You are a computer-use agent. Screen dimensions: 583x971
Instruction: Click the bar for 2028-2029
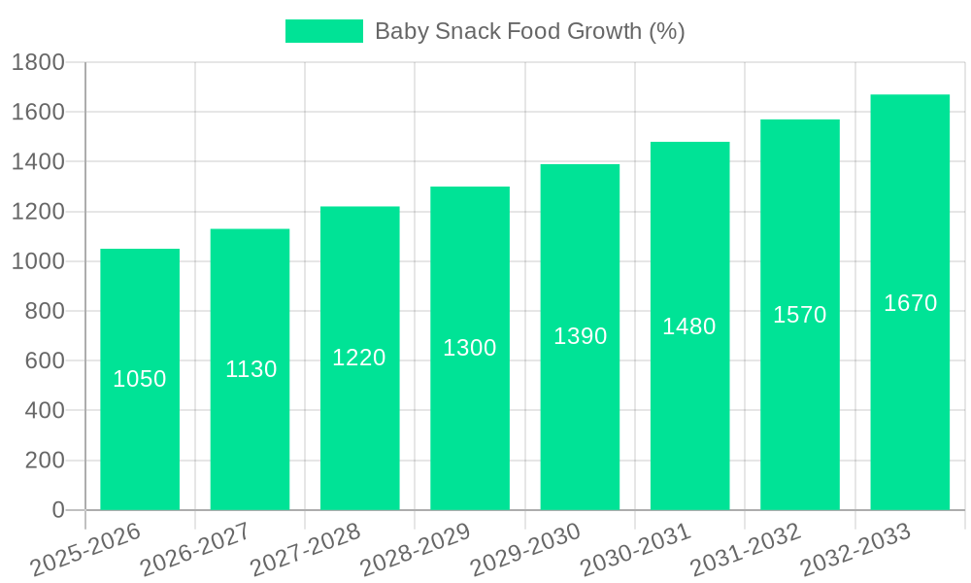pos(470,428)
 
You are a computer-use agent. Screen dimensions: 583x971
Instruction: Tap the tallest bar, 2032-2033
pos(910,408)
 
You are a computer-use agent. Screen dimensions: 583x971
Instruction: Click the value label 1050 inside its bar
pos(140,379)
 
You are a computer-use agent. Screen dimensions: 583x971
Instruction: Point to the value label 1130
pos(251,369)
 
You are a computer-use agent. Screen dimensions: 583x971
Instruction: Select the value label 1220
pos(359,358)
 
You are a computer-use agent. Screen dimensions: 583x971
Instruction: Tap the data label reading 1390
pos(580,336)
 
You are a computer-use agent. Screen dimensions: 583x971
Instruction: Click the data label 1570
pos(799,315)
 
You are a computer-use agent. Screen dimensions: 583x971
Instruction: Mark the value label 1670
pos(910,303)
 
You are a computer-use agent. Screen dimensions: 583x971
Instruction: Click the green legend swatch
pos(323,31)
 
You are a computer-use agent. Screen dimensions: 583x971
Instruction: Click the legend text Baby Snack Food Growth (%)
pos(529,31)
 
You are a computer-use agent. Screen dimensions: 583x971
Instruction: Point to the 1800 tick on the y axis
pos(38,63)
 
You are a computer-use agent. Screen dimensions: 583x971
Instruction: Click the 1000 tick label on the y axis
pos(38,261)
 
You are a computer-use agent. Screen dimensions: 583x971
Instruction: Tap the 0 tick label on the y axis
pos(58,510)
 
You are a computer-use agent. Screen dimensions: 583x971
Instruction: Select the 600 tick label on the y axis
pos(45,360)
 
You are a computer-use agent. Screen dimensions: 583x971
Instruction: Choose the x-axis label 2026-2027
pos(195,550)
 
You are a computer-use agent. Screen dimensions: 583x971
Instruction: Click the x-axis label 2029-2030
pos(525,550)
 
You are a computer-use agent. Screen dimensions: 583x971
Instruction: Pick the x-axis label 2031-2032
pos(745,550)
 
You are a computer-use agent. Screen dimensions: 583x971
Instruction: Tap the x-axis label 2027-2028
pos(305,550)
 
